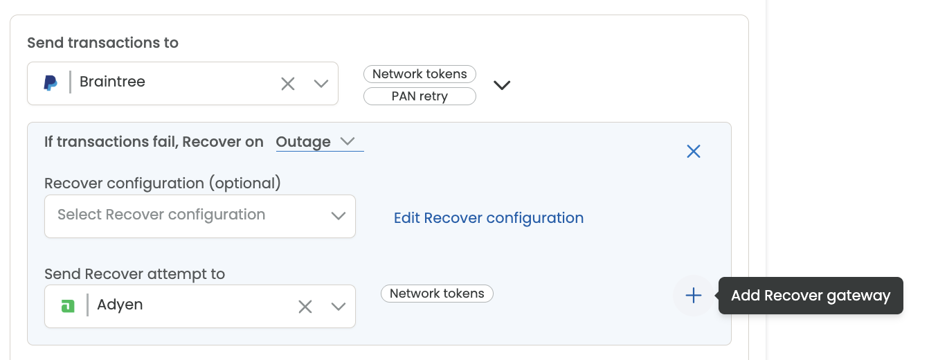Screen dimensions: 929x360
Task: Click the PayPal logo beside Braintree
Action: (50, 83)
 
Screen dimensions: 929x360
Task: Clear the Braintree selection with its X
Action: (288, 84)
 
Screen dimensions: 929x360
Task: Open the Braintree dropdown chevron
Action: (321, 84)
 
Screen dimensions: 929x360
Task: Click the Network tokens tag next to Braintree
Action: (420, 74)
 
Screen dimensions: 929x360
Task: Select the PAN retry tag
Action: (420, 96)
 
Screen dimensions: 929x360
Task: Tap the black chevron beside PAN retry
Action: (502, 85)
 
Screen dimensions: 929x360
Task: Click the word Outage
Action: (303, 142)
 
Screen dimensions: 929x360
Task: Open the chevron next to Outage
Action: (348, 141)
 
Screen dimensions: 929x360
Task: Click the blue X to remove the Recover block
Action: (694, 152)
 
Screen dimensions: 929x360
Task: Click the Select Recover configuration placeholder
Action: (161, 215)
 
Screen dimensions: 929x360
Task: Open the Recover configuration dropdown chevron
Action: (339, 216)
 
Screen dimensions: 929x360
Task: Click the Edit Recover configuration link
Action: (489, 218)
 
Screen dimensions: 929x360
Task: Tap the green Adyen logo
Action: (68, 306)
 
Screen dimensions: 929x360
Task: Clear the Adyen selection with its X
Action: (305, 307)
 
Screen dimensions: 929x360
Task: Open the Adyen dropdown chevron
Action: (339, 307)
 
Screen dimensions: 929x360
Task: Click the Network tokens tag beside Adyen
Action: (437, 294)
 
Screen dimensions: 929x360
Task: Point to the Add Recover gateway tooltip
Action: (811, 296)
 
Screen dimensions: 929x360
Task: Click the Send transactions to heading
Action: (103, 43)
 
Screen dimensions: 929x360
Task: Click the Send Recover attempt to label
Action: (135, 274)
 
